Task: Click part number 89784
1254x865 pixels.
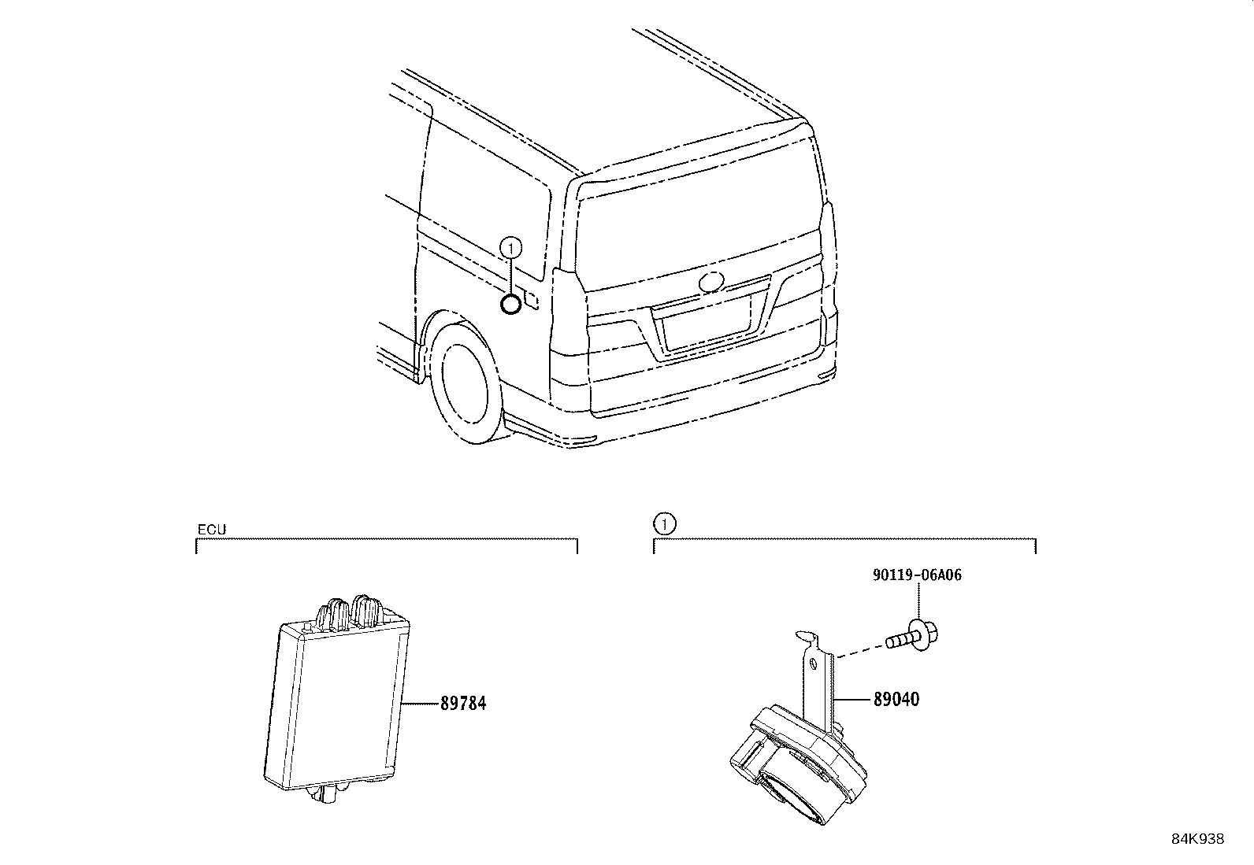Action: click(462, 703)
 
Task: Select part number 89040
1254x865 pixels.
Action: click(896, 699)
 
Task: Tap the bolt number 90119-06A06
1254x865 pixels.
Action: click(917, 575)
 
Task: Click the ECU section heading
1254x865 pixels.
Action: click(212, 530)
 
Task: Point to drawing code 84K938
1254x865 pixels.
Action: click(1197, 839)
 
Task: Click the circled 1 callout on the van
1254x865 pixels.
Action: click(511, 249)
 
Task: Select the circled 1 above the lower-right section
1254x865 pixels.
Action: click(665, 523)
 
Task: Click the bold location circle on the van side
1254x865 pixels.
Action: click(511, 304)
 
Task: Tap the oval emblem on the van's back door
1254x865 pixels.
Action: click(711, 281)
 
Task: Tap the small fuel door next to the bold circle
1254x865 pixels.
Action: click(532, 300)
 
